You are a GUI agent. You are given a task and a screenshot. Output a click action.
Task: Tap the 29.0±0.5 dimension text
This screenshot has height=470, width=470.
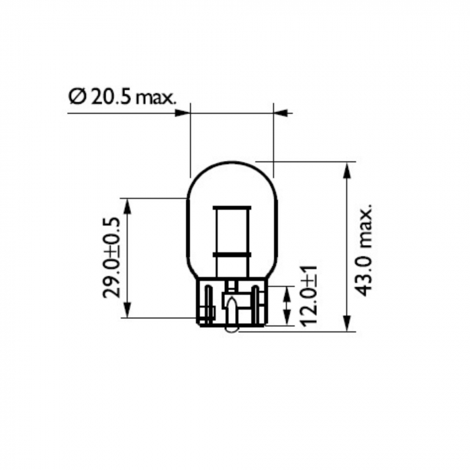112,258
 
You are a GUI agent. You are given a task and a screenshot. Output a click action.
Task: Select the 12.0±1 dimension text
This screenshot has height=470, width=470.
308,296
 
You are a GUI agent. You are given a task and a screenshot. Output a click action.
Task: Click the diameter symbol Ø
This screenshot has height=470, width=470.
77,98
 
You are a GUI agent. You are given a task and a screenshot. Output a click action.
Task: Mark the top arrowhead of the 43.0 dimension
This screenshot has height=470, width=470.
347,168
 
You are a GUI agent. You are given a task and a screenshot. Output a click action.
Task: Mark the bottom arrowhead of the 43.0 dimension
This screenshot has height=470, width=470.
347,325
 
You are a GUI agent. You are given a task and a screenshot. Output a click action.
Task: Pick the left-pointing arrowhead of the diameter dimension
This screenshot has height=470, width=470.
281,113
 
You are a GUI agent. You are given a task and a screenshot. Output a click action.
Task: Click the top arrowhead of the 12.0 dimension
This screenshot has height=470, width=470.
287,291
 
